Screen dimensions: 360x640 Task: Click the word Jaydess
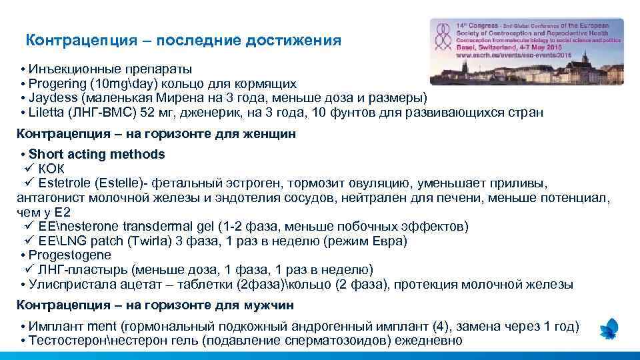49,98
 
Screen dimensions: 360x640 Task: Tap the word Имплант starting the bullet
53,327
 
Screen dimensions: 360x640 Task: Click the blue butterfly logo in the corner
609,329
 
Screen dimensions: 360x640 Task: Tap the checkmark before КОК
29,168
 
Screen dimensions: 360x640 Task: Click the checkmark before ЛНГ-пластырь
29,270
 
